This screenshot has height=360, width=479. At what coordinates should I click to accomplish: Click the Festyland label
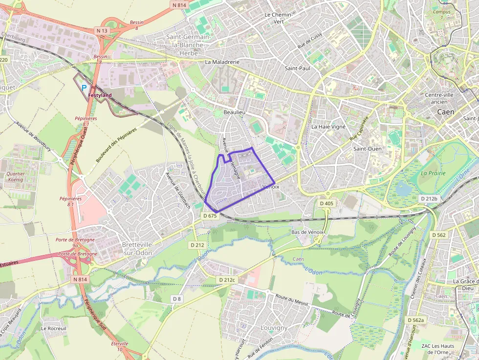pyautogui.click(x=100, y=95)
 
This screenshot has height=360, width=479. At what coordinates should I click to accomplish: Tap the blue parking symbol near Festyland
pyautogui.click(x=84, y=88)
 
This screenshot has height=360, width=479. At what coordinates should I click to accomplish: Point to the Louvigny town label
pyautogui.click(x=274, y=328)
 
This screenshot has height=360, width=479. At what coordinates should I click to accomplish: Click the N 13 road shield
pyautogui.click(x=102, y=30)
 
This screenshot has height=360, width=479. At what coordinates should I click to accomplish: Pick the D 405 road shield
pyautogui.click(x=327, y=203)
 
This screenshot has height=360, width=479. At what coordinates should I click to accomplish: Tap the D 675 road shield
pyautogui.click(x=209, y=216)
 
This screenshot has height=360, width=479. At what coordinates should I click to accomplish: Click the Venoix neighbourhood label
pyautogui.click(x=271, y=187)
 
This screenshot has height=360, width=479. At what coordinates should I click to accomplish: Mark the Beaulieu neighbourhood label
pyautogui.click(x=234, y=112)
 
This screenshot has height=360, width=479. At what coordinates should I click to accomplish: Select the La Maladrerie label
pyautogui.click(x=222, y=62)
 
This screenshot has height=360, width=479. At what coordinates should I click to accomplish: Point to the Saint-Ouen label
pyautogui.click(x=368, y=148)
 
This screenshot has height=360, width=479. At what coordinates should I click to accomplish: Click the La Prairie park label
pyautogui.click(x=433, y=173)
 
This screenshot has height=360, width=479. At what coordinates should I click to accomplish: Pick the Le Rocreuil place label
pyautogui.click(x=54, y=328)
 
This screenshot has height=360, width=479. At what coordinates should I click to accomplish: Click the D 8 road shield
pyautogui.click(x=176, y=298)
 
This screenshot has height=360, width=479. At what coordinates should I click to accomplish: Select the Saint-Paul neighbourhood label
pyautogui.click(x=297, y=68)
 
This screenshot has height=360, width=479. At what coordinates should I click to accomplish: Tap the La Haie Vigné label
pyautogui.click(x=328, y=127)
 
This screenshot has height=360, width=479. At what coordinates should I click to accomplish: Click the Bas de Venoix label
pyautogui.click(x=307, y=232)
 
